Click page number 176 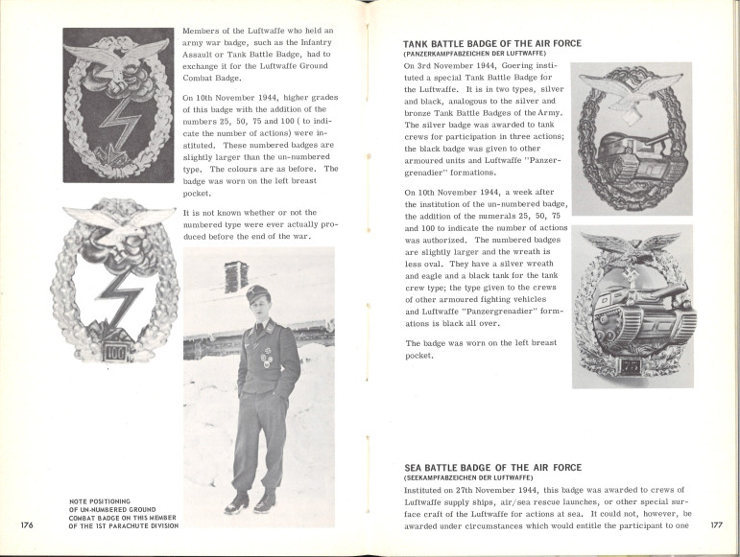tap(26, 524)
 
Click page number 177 tap(716, 524)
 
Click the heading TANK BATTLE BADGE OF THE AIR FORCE tap(492, 44)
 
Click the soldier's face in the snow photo tap(257, 312)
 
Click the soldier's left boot tap(265, 500)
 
